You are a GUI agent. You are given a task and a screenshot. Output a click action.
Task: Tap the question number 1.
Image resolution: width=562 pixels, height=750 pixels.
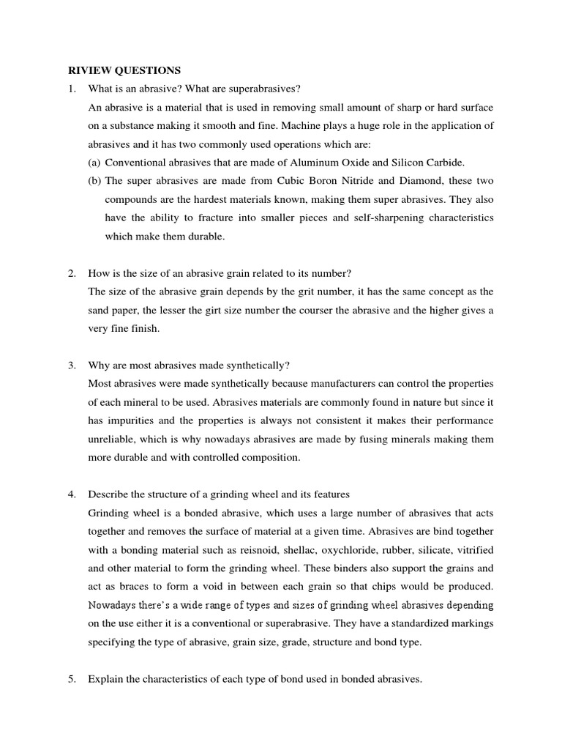(x=72, y=89)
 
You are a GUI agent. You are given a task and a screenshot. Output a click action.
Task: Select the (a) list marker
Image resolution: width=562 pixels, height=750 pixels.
(x=94, y=162)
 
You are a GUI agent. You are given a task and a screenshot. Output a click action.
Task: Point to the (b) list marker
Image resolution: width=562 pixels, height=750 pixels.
(x=94, y=180)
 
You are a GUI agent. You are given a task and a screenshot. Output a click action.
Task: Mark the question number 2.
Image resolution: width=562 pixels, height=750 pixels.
(x=72, y=273)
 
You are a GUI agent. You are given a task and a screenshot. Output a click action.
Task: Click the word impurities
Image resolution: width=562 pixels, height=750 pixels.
(x=130, y=420)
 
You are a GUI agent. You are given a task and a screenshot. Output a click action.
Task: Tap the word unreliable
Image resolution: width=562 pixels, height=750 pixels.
(x=113, y=439)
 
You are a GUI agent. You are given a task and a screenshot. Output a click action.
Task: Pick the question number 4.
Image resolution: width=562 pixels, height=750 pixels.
(x=72, y=494)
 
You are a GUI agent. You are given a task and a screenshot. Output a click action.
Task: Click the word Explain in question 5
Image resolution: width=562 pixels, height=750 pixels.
(x=105, y=679)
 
